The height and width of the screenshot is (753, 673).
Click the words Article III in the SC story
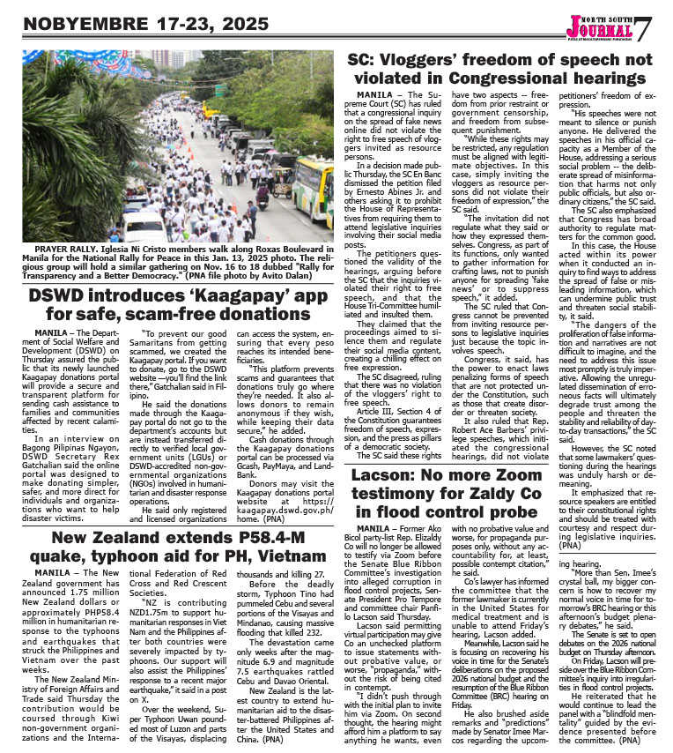click(385, 419)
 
